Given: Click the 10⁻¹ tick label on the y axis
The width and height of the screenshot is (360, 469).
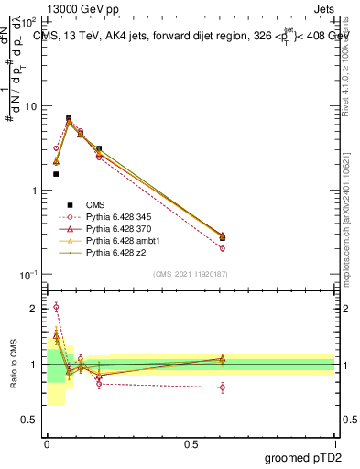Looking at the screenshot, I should point(28,275).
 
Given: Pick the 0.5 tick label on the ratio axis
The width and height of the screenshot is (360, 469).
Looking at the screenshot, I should point(31,420).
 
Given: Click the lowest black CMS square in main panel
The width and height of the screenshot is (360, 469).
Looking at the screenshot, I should point(56,173).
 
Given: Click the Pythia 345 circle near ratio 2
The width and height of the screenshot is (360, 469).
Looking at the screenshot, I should point(56,307).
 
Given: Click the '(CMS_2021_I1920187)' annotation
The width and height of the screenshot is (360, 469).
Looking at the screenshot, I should point(191,274).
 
